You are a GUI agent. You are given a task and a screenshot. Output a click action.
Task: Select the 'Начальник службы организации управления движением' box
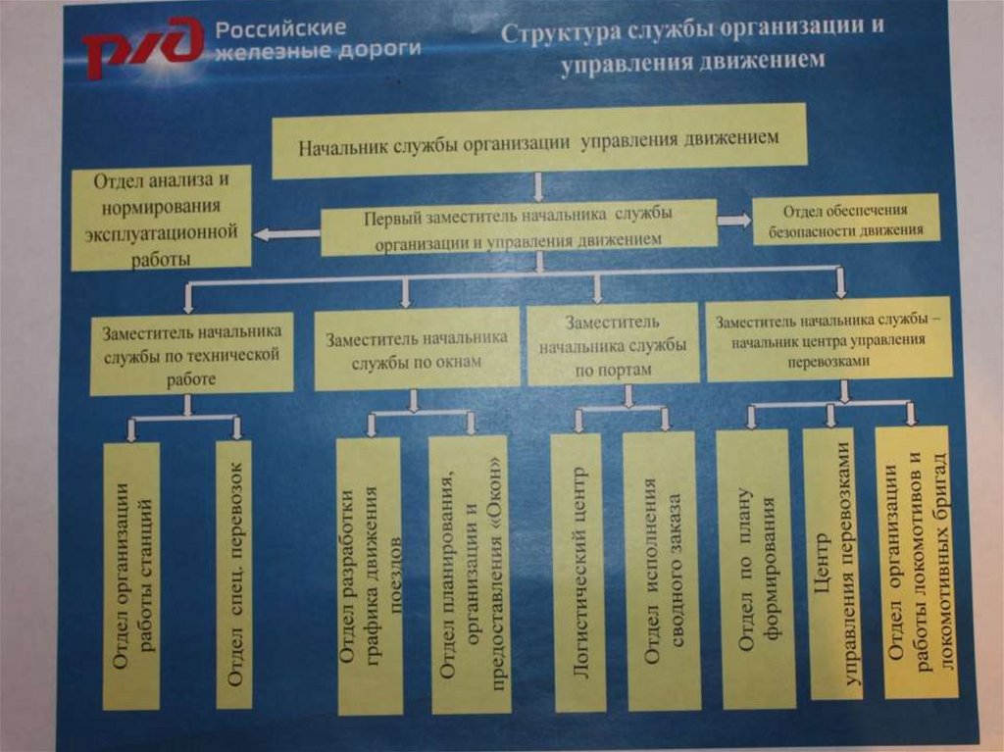538,140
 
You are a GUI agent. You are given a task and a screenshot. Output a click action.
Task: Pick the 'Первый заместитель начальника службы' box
519,226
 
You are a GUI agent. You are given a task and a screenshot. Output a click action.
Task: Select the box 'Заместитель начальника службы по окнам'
417,348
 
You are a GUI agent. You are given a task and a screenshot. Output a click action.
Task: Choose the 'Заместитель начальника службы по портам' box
614,345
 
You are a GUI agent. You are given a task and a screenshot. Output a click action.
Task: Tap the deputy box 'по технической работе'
191,354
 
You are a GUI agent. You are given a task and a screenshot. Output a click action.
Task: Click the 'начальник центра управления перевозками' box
828,340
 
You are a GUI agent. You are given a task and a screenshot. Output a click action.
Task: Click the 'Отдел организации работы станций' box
131,576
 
